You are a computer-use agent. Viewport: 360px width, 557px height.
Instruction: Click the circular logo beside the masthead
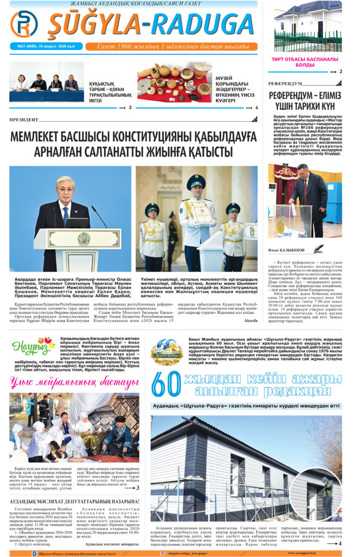click(x=24, y=24)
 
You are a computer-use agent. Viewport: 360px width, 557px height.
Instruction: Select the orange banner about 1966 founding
click(x=173, y=46)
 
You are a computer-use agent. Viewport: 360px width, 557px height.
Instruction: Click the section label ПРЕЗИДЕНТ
click(x=25, y=120)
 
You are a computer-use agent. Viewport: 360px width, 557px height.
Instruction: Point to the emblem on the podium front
click(x=83, y=238)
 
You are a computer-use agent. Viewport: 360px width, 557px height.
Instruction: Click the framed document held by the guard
click(x=203, y=214)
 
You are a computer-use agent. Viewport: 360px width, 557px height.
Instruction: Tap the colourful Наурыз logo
click(x=30, y=346)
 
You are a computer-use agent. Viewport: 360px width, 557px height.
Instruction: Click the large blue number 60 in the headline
click(x=165, y=384)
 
